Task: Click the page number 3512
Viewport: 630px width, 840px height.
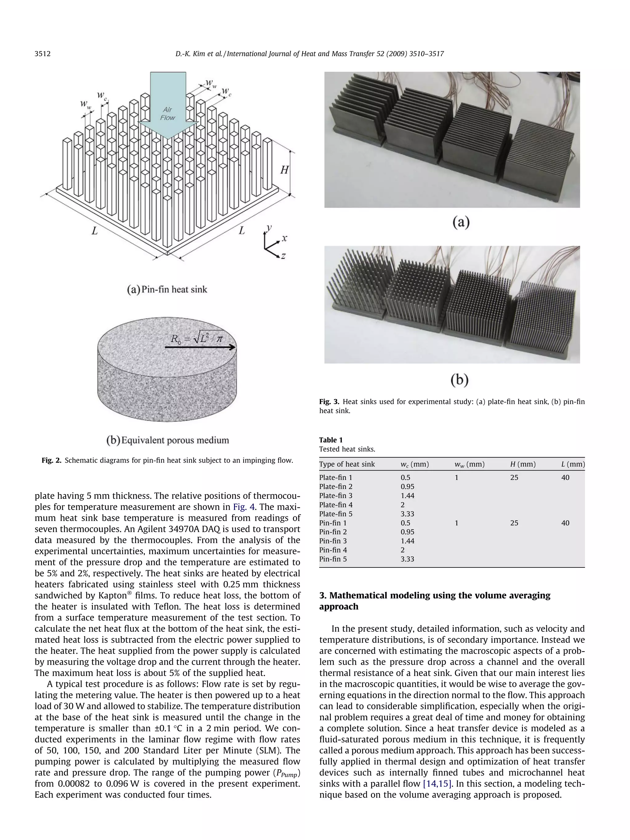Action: [42, 54]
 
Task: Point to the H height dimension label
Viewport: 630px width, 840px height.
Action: [285, 170]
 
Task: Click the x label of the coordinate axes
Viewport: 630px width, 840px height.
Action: [284, 238]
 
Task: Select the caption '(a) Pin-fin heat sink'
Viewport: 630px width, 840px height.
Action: [167, 290]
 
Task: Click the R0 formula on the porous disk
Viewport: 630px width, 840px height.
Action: [197, 338]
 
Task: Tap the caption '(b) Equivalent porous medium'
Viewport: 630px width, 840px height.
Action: [167, 440]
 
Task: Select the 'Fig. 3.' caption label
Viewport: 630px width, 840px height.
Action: [329, 402]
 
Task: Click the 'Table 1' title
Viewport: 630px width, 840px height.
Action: [331, 440]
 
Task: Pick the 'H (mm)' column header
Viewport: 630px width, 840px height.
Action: [523, 464]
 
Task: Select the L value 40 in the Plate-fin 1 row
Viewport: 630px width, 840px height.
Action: [565, 478]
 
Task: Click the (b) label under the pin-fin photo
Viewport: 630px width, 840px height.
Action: [460, 380]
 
